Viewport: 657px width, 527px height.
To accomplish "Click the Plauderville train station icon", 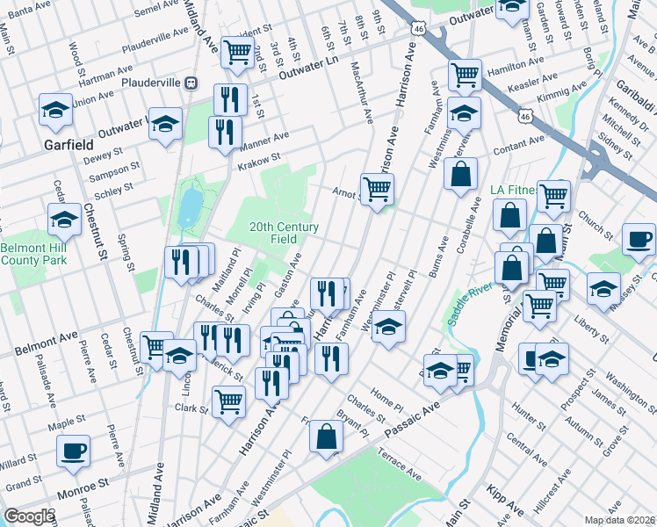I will (x=190, y=82).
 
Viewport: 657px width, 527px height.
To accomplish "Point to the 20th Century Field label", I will (x=284, y=232).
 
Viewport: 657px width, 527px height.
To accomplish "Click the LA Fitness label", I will (x=517, y=190).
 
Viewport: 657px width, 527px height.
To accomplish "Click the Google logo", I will (x=28, y=516).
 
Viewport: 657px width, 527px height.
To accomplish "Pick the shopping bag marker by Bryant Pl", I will (x=327, y=437).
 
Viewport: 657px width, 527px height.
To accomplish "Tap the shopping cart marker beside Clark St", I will (x=229, y=401).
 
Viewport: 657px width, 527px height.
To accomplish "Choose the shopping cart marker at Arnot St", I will (x=377, y=189).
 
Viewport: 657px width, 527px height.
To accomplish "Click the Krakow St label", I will (x=256, y=161).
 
